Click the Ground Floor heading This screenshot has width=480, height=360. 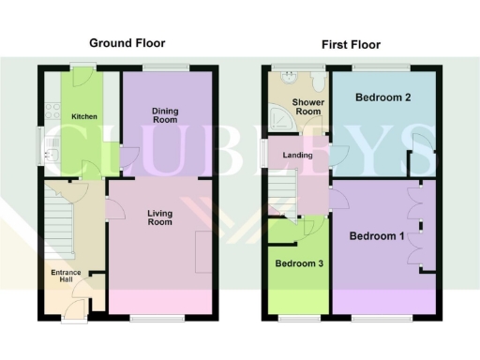128,43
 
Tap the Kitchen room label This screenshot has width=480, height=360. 82,116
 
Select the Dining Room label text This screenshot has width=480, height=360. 166,115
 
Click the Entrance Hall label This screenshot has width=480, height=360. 66,278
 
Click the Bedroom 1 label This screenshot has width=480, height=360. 377,235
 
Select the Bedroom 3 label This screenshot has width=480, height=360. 299,263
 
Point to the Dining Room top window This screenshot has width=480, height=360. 166,66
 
